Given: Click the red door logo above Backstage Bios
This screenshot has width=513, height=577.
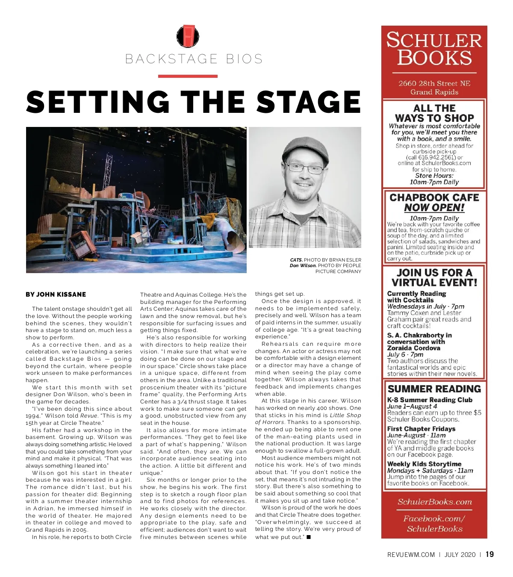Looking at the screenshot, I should pos(188,36).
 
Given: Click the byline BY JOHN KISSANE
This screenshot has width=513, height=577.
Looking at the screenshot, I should pos(56,294).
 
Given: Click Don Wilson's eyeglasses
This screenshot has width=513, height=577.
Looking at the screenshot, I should pos(305,168).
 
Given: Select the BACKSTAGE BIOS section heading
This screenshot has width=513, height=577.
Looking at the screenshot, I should pos(194,59).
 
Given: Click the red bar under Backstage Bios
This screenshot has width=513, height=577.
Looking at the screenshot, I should pos(188,76).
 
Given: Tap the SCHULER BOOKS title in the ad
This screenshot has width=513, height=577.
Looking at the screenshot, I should pos(434,49).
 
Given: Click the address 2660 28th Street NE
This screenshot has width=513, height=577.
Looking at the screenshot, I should pos(434,83).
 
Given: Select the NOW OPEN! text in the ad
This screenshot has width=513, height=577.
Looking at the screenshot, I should pos(434,208).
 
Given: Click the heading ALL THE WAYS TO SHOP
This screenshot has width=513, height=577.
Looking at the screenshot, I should pos(434,113).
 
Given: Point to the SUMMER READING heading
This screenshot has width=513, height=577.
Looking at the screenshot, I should pos(434,389).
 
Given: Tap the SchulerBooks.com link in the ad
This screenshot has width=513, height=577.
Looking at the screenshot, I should pos(434,502).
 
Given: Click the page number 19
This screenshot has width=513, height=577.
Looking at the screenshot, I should pos(489,554).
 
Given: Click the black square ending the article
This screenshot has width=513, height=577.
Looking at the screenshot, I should pos(309,537).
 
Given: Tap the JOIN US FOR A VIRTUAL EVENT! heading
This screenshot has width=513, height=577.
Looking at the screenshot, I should pos(434,278).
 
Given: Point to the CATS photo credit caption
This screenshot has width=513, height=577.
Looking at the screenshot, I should pos(325,260).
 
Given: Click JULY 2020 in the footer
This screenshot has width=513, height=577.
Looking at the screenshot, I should pos(460,555).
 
